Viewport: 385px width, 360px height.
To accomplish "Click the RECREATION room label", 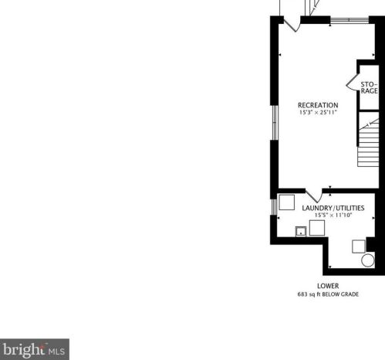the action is [318, 105].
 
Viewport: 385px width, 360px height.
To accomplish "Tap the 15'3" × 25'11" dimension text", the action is [318, 113].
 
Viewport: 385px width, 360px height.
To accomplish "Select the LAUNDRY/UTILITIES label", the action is [333, 208].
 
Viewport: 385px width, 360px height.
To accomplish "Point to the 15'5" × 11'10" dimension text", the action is [333, 216].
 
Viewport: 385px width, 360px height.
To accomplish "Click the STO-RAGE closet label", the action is [369, 88].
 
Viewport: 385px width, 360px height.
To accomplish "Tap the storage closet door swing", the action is [352, 83].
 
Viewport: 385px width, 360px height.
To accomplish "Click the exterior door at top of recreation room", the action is [292, 25].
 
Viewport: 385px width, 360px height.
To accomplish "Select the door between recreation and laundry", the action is [314, 195].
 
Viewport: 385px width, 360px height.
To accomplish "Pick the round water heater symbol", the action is [368, 260].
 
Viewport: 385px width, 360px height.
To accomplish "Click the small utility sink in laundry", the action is [301, 232].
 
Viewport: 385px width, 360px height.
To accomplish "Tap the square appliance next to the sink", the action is [317, 228].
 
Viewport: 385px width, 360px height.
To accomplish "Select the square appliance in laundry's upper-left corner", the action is [287, 202].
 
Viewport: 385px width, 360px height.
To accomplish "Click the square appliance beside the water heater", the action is [359, 246].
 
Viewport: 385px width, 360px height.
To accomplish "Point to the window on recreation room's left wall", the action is [275, 123].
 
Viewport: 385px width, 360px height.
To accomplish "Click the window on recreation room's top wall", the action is [350, 20].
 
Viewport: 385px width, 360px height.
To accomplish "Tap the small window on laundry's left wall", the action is [275, 207].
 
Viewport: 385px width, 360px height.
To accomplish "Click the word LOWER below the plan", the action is [328, 286].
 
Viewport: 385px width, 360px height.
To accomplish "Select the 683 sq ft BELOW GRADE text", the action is [328, 294].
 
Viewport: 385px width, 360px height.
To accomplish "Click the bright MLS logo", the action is [35, 349].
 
